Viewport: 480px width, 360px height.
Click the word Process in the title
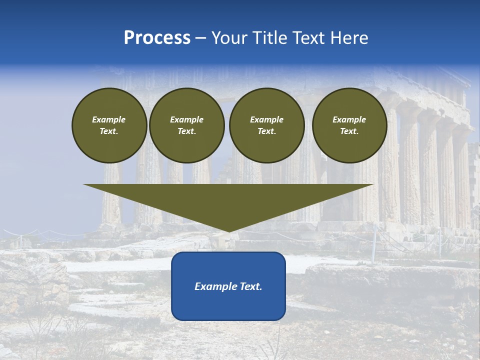coord(157,38)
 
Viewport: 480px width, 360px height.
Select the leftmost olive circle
coord(109,125)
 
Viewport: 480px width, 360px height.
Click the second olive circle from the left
coord(186,125)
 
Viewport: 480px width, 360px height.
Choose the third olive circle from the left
coord(266,125)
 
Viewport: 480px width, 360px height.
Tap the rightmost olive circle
coord(349,125)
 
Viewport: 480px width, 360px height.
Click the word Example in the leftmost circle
coord(109,119)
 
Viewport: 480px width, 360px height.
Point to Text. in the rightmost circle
coord(349,131)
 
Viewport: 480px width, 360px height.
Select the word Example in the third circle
coord(266,119)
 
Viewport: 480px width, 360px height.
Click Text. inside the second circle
coord(186,131)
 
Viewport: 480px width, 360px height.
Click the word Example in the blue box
coord(214,286)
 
